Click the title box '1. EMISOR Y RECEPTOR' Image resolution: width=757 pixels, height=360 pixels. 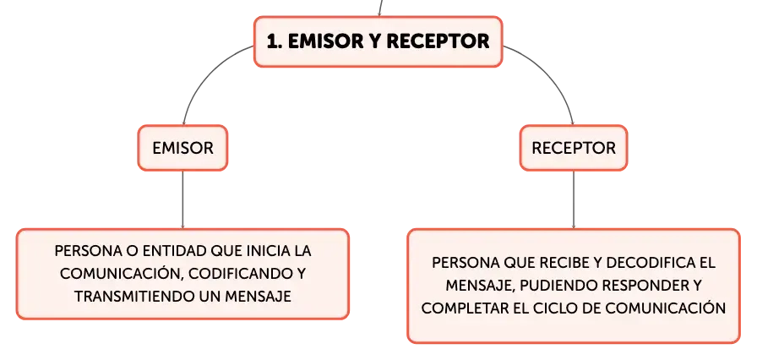click(x=378, y=41)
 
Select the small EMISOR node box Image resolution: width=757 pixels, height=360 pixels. click(x=182, y=148)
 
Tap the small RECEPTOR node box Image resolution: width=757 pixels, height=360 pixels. click(x=574, y=148)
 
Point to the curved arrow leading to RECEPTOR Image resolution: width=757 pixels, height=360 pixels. click(x=555, y=73)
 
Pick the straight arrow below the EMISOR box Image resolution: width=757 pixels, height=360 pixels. click(x=182, y=199)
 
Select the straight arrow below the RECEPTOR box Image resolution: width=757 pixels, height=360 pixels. click(x=574, y=199)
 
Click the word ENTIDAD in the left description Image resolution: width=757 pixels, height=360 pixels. click(x=173, y=252)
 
